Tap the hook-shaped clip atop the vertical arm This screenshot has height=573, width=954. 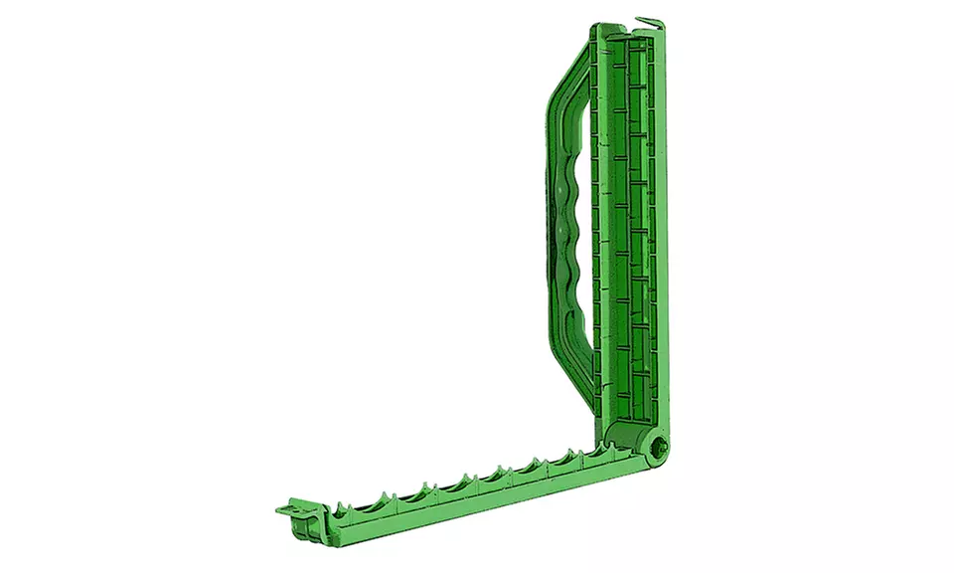(646, 21)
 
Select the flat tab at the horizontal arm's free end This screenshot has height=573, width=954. (291, 509)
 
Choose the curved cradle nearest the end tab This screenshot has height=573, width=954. (342, 505)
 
